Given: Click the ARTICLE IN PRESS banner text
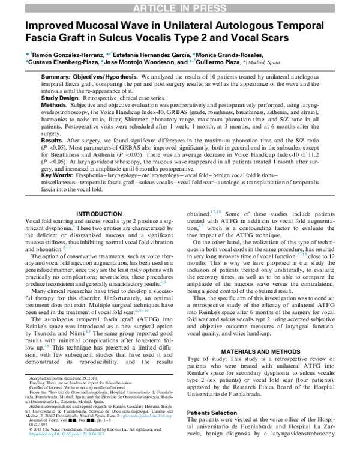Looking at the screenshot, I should coord(180,7).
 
